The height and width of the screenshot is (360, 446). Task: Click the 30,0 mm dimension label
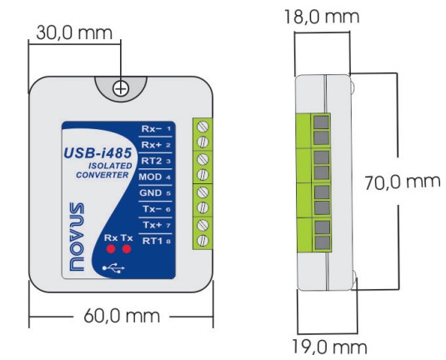tap(74, 32)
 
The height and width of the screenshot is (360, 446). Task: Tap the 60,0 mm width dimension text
tap(122, 316)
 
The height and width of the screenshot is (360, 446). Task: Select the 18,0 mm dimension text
tap(322, 17)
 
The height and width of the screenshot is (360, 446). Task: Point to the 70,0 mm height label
tap(403, 182)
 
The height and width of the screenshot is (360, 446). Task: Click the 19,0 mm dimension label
tap(329, 347)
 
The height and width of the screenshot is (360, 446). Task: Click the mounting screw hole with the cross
tap(121, 88)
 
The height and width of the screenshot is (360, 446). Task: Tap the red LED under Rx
tap(111, 249)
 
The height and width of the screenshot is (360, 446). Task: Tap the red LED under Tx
tap(127, 249)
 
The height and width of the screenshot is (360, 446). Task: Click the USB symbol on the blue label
tap(113, 267)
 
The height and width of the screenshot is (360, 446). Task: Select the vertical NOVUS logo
tap(77, 237)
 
